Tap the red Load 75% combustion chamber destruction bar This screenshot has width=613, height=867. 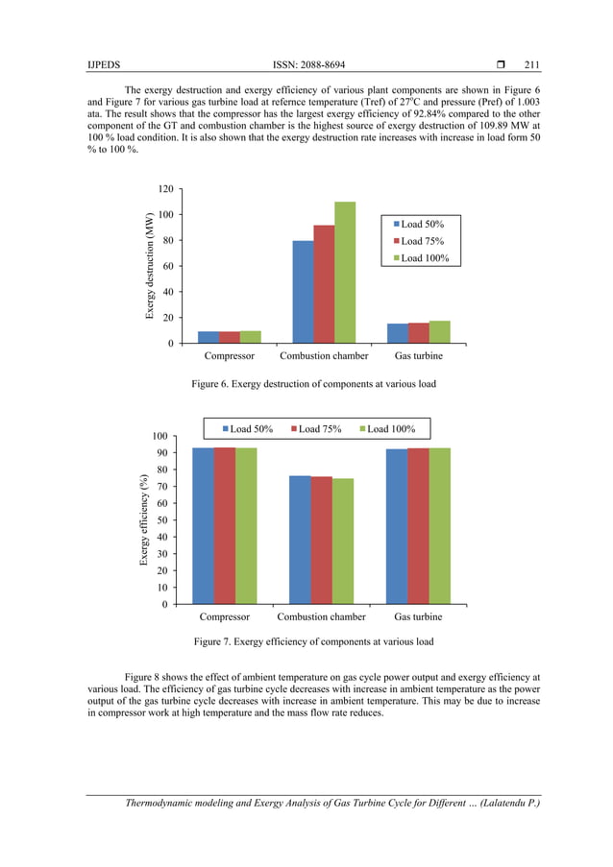coord(324,283)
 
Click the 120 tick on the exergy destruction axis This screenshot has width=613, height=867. coord(165,189)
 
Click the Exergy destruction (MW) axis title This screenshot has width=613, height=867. coord(150,266)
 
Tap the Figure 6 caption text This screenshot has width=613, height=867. coord(313,384)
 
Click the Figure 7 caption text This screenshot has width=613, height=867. coord(313,641)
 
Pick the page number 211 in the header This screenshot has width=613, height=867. coord(531,65)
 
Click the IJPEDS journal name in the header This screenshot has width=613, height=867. coord(101,65)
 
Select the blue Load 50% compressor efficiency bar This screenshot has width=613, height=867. coord(203,525)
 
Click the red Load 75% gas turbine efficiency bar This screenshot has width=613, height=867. coord(418,525)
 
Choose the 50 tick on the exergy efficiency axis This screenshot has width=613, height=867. coord(168,520)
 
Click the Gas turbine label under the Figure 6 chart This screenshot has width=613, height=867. coord(419,355)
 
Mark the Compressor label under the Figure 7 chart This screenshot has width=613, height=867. coord(224,616)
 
